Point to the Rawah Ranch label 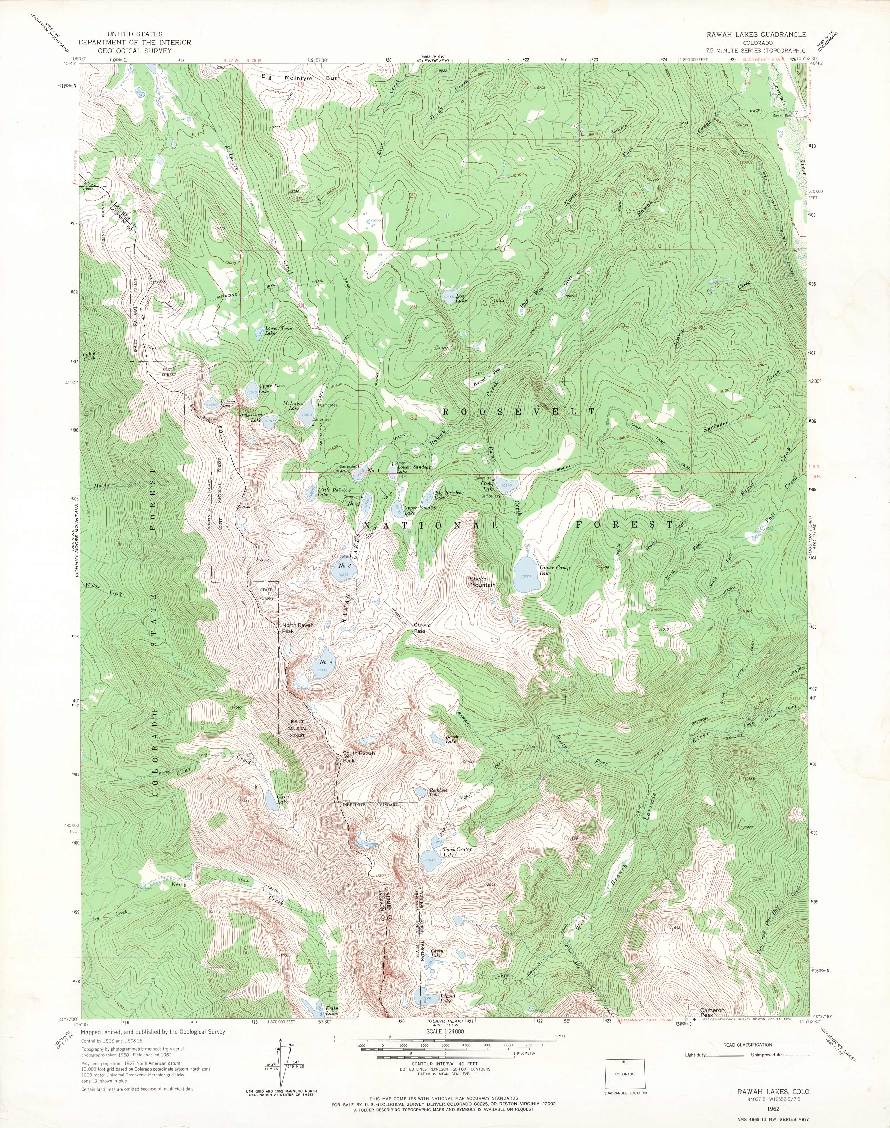[x=783, y=115]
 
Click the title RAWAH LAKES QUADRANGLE [x=756, y=34]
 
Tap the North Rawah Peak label [x=298, y=628]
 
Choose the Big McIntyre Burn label [x=301, y=78]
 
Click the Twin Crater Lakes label [x=457, y=852]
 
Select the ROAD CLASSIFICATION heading [x=747, y=1045]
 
